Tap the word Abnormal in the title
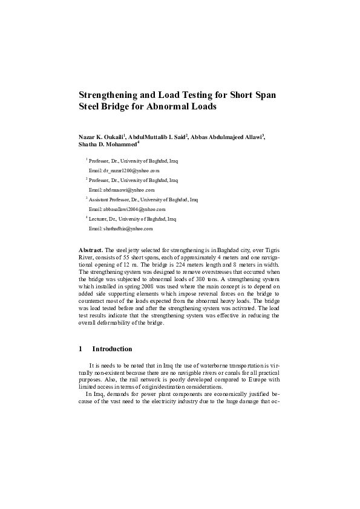[x=166, y=106]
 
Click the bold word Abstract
[x=91, y=250]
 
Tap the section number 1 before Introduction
[x=80, y=349]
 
